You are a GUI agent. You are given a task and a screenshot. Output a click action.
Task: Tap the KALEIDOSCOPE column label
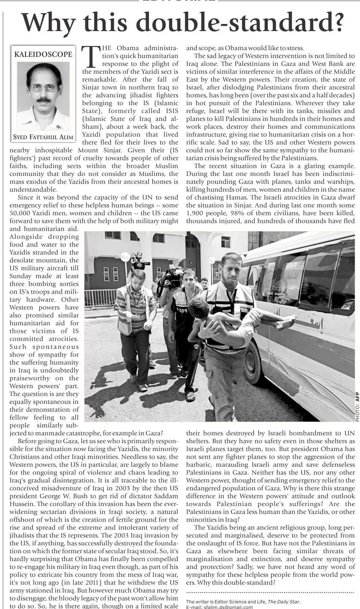pos(43,54)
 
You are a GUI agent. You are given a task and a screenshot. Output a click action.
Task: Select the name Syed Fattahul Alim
pos(43,137)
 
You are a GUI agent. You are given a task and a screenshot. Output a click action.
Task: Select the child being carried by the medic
pos(240,318)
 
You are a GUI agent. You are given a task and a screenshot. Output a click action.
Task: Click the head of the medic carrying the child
pos(231,265)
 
